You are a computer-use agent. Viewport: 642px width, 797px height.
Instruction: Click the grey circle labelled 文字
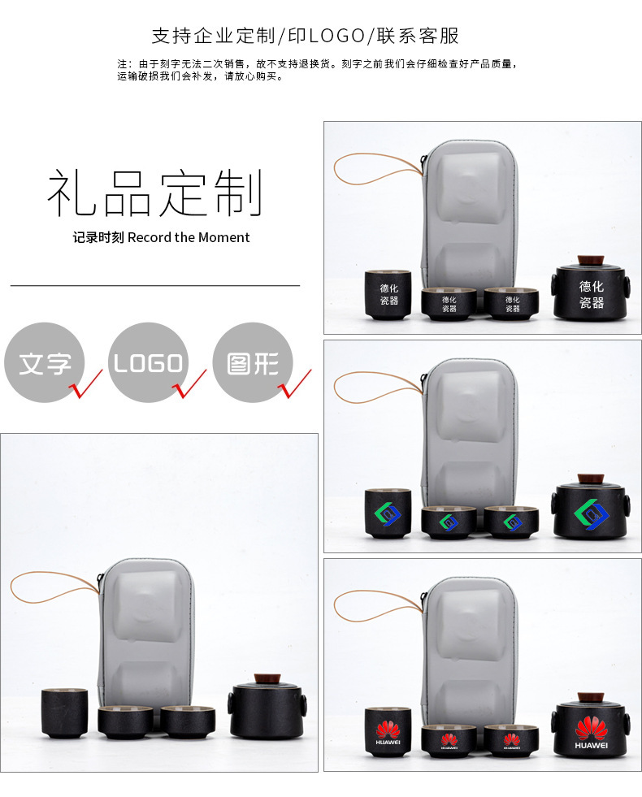point(44,363)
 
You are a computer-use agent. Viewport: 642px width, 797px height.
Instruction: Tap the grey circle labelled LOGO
point(148,363)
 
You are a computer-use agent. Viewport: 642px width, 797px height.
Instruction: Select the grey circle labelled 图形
point(252,363)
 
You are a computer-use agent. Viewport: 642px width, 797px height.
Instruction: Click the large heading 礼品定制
point(155,193)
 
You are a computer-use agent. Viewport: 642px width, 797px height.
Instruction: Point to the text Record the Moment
point(189,237)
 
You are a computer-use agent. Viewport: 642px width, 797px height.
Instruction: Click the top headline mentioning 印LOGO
point(306,36)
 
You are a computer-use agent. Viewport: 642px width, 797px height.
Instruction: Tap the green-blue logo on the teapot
point(592,512)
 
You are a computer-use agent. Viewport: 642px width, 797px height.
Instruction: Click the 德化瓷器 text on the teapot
point(592,294)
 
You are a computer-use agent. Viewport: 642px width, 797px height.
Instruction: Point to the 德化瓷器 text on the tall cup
point(389,294)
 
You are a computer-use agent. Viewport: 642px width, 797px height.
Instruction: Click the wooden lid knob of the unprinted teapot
point(266,678)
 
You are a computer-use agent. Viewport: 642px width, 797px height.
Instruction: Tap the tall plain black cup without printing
point(65,713)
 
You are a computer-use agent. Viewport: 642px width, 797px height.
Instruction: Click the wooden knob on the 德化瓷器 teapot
point(590,261)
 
